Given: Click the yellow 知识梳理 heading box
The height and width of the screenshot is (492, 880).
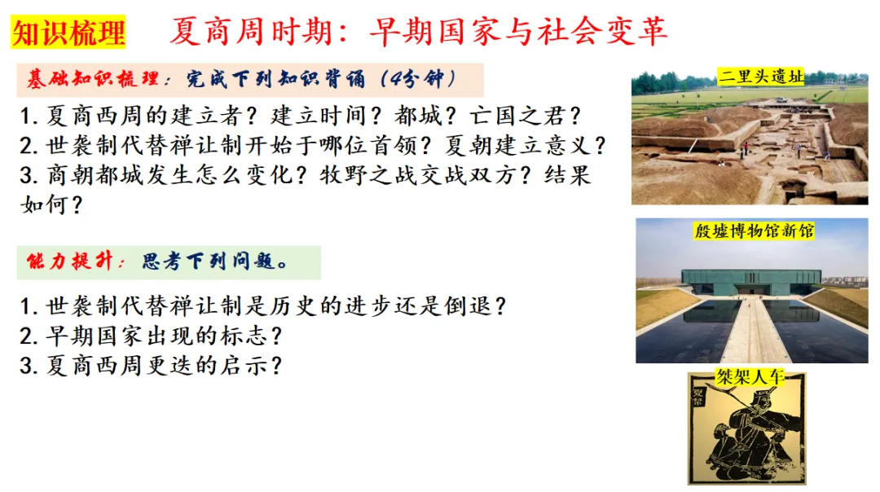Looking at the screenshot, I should (x=68, y=33).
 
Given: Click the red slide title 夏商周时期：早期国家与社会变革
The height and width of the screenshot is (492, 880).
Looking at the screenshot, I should (x=418, y=32).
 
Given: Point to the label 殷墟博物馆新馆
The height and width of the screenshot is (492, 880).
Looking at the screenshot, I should (x=753, y=231).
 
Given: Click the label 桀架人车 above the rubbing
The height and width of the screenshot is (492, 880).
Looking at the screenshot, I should (x=746, y=377).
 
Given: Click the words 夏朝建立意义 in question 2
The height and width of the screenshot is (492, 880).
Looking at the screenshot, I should (x=525, y=146).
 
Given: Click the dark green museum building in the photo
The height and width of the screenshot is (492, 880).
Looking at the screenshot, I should (x=750, y=281).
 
